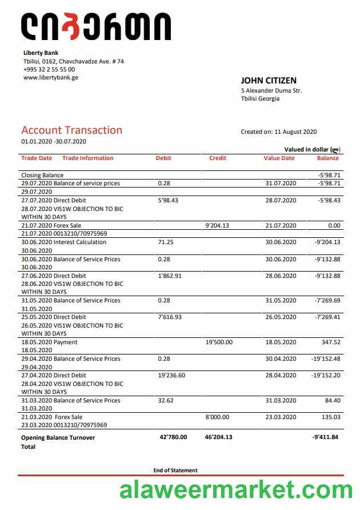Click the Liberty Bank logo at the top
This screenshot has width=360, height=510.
click(95, 27)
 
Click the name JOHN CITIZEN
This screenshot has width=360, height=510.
click(269, 81)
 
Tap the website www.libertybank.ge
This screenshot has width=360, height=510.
click(50, 77)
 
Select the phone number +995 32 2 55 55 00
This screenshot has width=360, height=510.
click(49, 69)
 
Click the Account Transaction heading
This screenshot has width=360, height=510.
click(71, 130)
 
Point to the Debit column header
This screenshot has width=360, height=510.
click(163, 158)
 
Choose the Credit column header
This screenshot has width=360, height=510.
click(218, 158)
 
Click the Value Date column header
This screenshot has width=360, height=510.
click(279, 158)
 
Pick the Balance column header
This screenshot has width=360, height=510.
click(328, 158)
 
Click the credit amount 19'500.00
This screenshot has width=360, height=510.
click(219, 342)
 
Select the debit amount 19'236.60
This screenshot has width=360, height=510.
click(171, 376)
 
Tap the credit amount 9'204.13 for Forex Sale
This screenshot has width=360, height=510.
click(217, 226)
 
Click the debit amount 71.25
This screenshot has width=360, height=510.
click(166, 242)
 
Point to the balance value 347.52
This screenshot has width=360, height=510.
click(331, 342)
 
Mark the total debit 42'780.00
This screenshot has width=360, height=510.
click(173, 437)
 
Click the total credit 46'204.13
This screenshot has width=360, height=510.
click(218, 437)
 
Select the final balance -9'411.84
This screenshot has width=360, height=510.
click(326, 437)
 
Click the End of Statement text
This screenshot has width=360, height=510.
click(175, 471)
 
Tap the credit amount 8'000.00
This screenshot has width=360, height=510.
click(217, 417)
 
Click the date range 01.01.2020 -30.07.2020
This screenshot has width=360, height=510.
click(54, 141)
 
